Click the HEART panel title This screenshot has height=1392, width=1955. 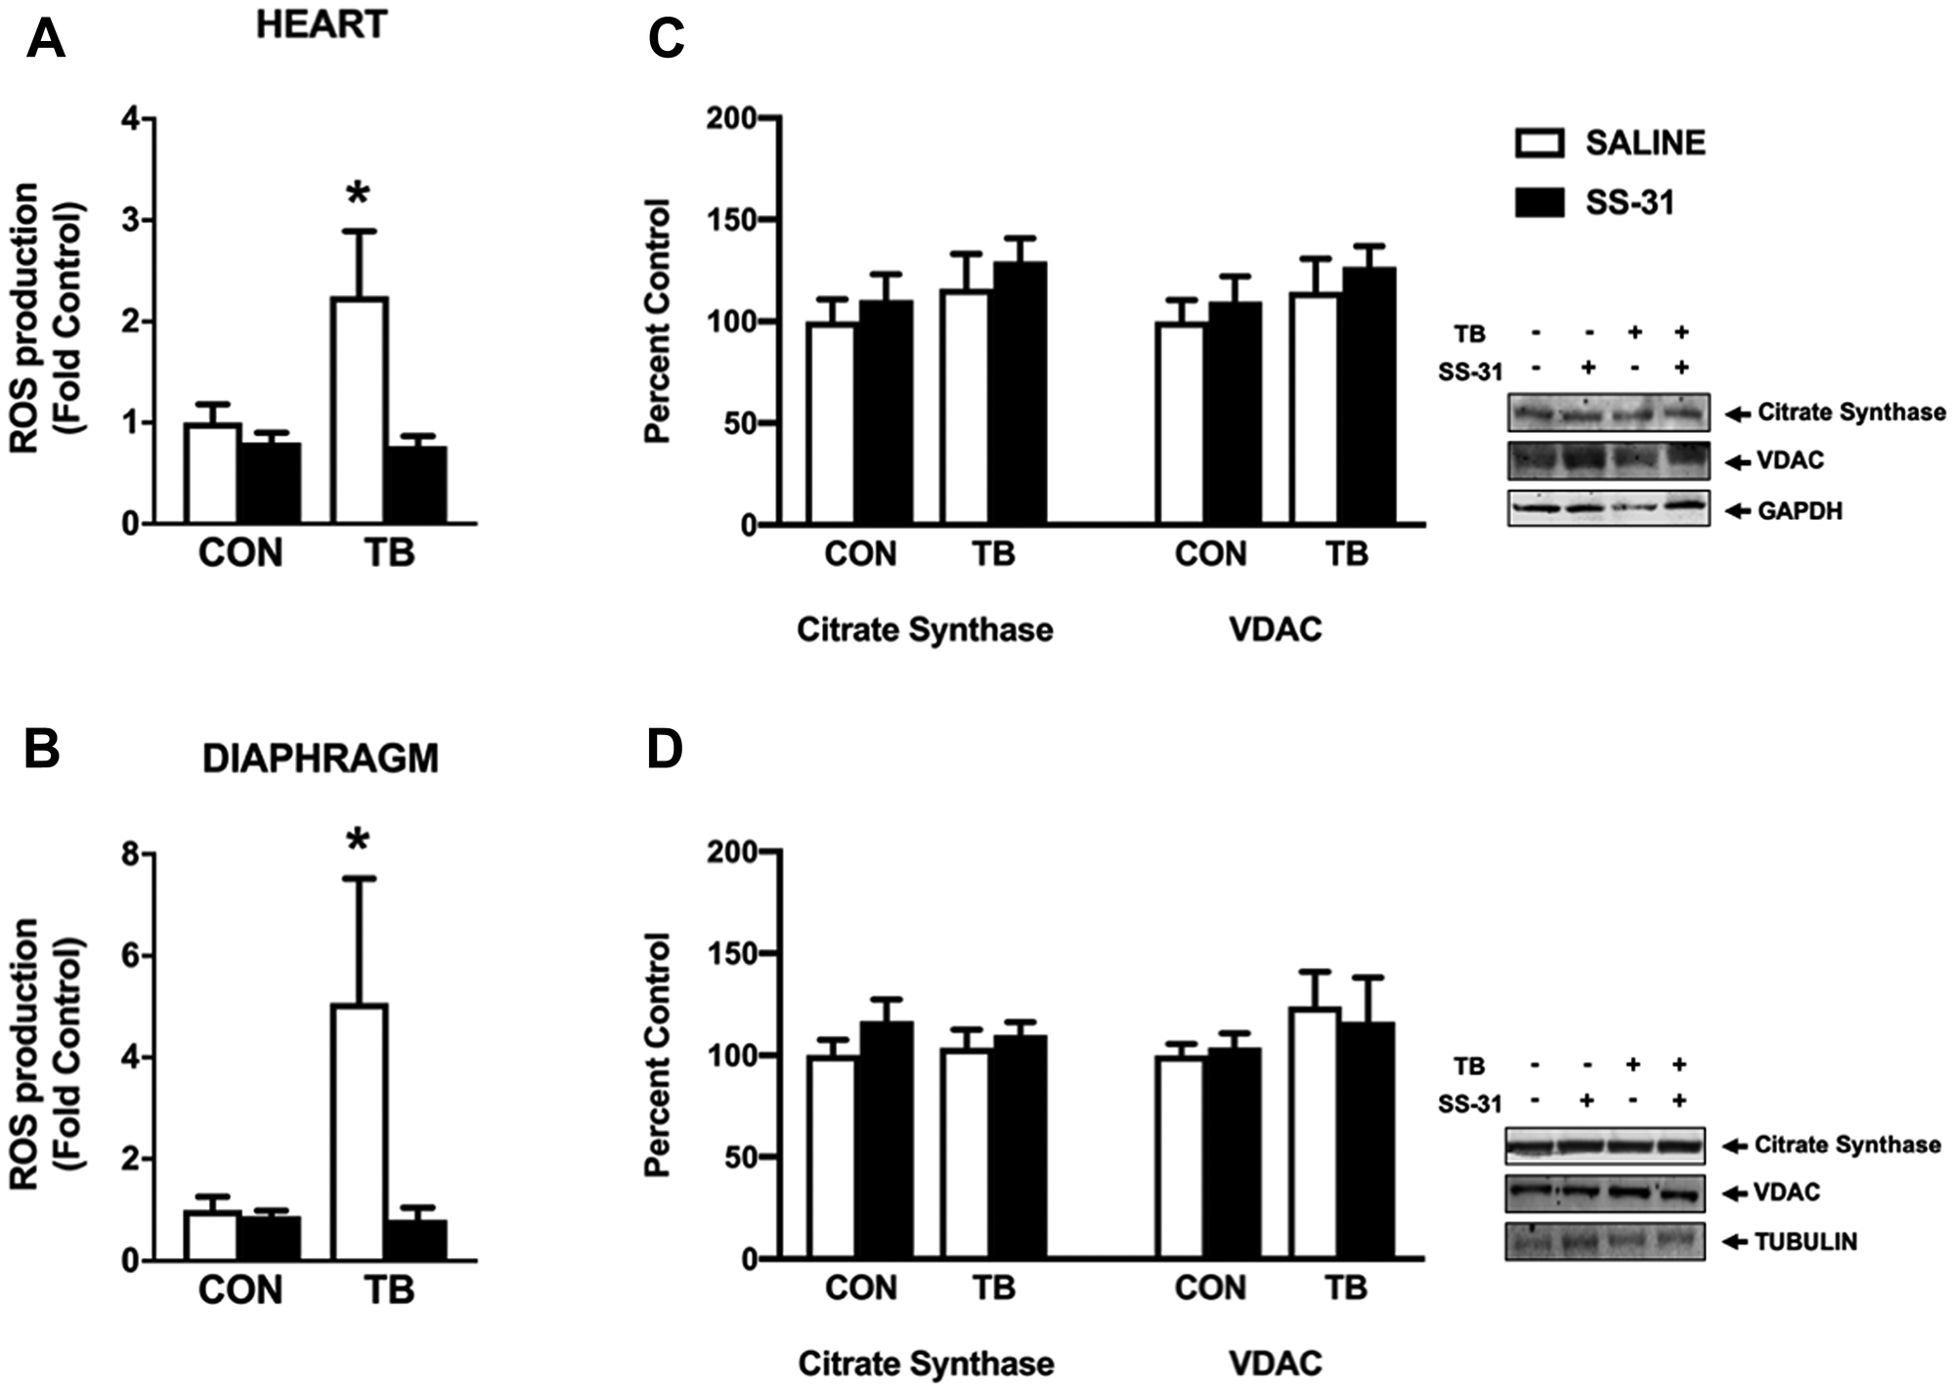322,24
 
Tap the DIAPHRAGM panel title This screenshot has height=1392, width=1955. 320,759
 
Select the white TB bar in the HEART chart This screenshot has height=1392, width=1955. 359,411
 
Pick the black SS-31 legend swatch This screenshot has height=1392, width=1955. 1540,202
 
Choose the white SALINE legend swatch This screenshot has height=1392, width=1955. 1540,143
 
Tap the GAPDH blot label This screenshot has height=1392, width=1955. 1799,511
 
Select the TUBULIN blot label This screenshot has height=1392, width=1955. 1804,1242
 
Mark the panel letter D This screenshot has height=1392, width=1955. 666,750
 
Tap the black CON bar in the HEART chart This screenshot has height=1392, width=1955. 271,483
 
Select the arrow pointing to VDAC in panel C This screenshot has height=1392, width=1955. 1736,461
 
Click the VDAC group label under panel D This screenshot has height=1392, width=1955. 1275,1363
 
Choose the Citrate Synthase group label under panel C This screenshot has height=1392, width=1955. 925,630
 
